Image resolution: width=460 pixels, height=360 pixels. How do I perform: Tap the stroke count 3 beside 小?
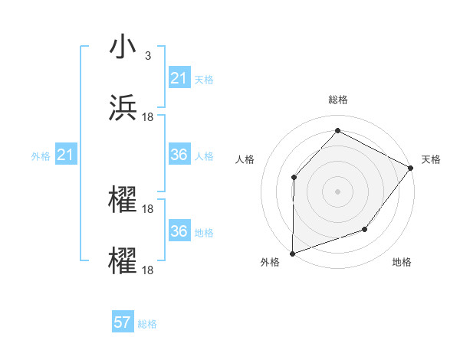click(x=148, y=55)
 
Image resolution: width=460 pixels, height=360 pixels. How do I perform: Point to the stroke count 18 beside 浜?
click(x=149, y=116)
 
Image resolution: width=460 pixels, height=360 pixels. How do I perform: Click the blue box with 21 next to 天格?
click(x=179, y=78)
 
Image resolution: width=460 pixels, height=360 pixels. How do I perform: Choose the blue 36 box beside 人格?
click(x=179, y=155)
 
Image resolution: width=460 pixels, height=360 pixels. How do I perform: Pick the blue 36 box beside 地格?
click(x=179, y=231)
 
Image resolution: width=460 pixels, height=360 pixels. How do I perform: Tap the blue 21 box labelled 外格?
click(x=65, y=155)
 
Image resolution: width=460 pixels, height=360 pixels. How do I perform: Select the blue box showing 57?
click(x=123, y=322)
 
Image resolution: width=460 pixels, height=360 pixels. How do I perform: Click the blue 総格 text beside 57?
click(x=147, y=324)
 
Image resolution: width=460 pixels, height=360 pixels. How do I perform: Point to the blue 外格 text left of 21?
click(x=41, y=156)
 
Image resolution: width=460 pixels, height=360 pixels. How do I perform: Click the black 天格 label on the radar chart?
click(x=432, y=159)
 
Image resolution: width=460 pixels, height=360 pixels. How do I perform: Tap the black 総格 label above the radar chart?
click(x=337, y=100)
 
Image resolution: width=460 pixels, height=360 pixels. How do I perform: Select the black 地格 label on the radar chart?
click(x=402, y=263)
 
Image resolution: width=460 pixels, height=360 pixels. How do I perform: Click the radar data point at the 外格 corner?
click(x=292, y=253)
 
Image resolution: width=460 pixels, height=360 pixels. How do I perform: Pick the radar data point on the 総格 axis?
click(x=337, y=131)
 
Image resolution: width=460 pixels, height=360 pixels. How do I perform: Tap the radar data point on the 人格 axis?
click(x=294, y=178)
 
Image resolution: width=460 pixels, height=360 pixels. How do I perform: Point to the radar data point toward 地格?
click(x=365, y=229)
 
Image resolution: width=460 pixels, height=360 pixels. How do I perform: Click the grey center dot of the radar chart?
click(x=337, y=191)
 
